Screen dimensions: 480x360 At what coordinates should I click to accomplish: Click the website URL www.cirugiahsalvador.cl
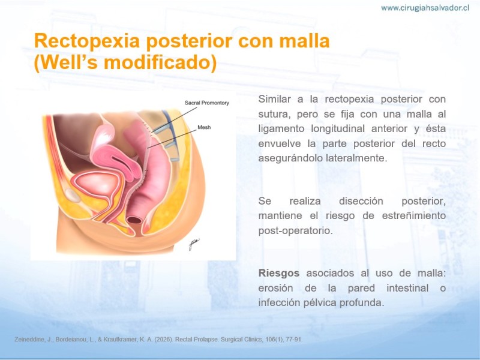425,8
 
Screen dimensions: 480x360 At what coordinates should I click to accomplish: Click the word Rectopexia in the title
87,41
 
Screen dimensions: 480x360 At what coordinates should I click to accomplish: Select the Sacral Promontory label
206,103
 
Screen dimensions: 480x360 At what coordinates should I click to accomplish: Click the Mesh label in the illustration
204,127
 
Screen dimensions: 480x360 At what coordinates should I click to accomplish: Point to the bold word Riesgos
279,273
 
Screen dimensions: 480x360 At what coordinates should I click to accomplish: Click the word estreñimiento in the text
413,215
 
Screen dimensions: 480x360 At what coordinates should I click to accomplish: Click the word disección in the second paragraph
361,201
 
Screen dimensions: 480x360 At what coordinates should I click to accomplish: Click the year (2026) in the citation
163,340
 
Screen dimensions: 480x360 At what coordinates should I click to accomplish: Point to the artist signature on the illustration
194,244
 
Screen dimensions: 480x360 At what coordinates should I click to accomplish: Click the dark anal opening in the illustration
134,220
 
